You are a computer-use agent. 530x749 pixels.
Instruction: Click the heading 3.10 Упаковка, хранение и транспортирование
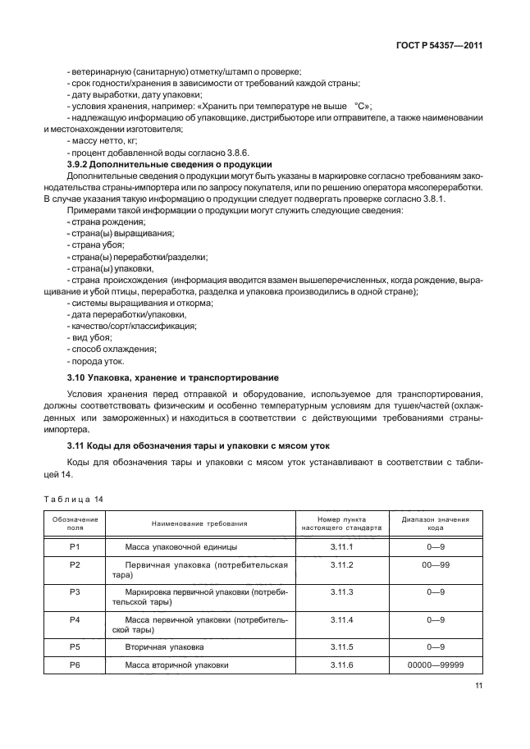[171, 377]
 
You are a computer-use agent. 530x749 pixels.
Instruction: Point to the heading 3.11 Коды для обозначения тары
[197, 446]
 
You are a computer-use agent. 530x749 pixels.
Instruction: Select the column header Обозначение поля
[75, 523]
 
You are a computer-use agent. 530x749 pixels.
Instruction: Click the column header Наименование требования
[199, 523]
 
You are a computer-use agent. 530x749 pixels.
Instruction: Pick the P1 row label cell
[75, 546]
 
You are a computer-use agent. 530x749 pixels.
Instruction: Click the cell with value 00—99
[435, 565]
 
